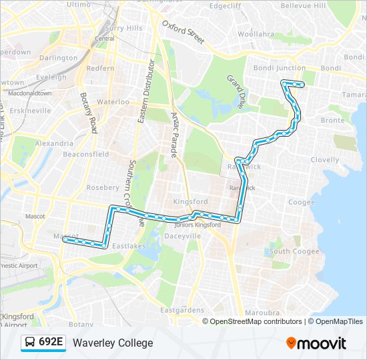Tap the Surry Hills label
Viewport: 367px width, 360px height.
coord(124,28)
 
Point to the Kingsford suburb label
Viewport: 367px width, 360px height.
coord(190,201)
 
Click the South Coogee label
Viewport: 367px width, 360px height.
coord(294,251)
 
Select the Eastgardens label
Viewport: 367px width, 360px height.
coord(182,311)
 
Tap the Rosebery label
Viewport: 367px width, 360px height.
coord(103,187)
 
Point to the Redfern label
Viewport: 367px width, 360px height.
coord(100,69)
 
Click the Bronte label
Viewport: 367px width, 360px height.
coord(332,121)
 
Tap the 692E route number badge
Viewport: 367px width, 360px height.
coord(43,343)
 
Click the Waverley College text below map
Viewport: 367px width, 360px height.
coord(113,343)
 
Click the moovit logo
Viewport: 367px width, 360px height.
coord(316,343)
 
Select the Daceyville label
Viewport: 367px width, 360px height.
coord(182,236)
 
